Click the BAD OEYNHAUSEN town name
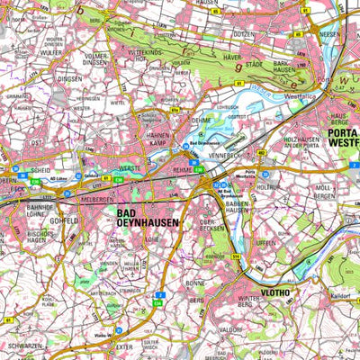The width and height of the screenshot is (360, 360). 148,216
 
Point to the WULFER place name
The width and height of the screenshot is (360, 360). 51,51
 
